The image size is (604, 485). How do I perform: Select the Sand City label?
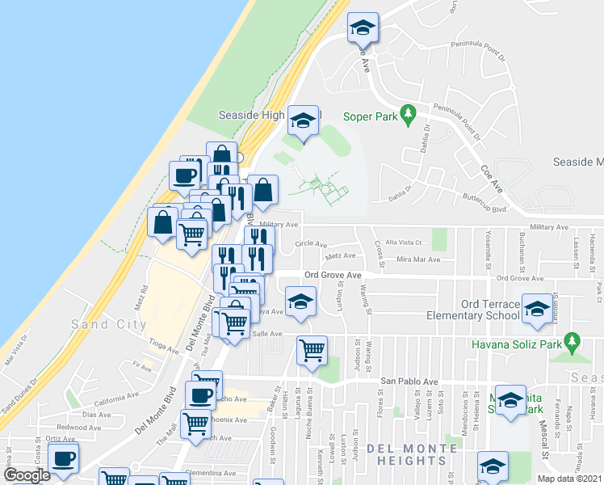coord(108,324)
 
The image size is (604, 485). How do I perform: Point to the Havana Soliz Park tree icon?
coord(573,343)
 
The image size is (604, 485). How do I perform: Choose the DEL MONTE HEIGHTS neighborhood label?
coord(407,453)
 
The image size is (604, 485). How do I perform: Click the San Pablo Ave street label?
coord(409,382)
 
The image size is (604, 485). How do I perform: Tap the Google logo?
coord(27,475)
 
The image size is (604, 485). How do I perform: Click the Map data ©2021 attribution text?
coord(570,479)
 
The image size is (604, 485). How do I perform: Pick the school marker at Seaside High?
coord(303,122)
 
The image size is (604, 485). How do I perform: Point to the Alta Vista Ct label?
coord(405,242)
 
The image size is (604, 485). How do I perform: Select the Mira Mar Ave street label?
coord(418,259)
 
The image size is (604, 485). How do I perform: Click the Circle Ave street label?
coord(311,243)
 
